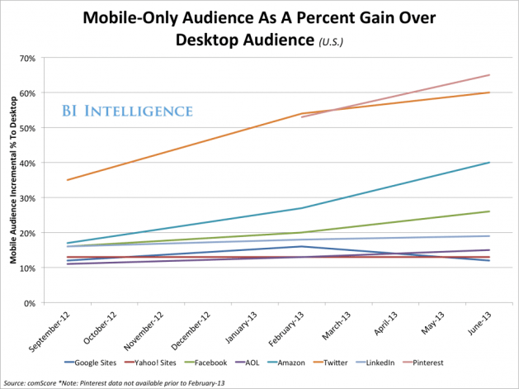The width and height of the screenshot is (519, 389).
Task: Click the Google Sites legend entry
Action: click(92, 363)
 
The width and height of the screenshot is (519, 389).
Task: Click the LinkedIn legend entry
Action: click(386, 363)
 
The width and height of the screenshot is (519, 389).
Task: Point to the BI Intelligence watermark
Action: click(127, 111)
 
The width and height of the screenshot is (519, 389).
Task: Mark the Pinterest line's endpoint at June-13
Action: click(489, 75)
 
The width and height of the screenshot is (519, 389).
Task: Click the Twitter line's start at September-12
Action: click(67, 180)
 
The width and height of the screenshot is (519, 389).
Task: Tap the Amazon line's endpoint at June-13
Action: click(489, 163)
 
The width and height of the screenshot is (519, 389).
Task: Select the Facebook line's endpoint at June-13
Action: click(489, 211)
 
